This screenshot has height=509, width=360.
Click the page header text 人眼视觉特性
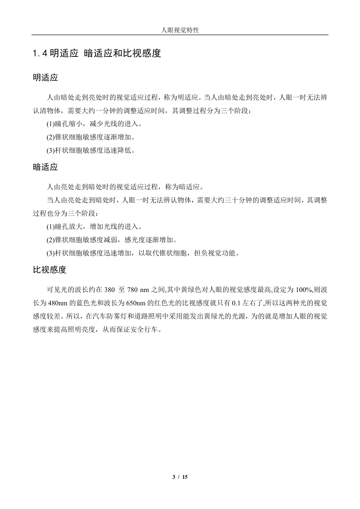[x=180, y=30]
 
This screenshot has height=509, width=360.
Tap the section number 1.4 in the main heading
[x=40, y=53]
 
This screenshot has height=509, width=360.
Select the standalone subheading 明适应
[x=45, y=78]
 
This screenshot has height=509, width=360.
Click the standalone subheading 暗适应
[x=45, y=167]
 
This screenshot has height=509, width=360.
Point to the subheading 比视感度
[x=50, y=270]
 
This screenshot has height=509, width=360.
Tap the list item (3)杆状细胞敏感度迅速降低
[x=91, y=150]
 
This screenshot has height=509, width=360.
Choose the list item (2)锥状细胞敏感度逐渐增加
[x=91, y=137]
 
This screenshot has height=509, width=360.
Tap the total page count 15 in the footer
[x=185, y=477]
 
